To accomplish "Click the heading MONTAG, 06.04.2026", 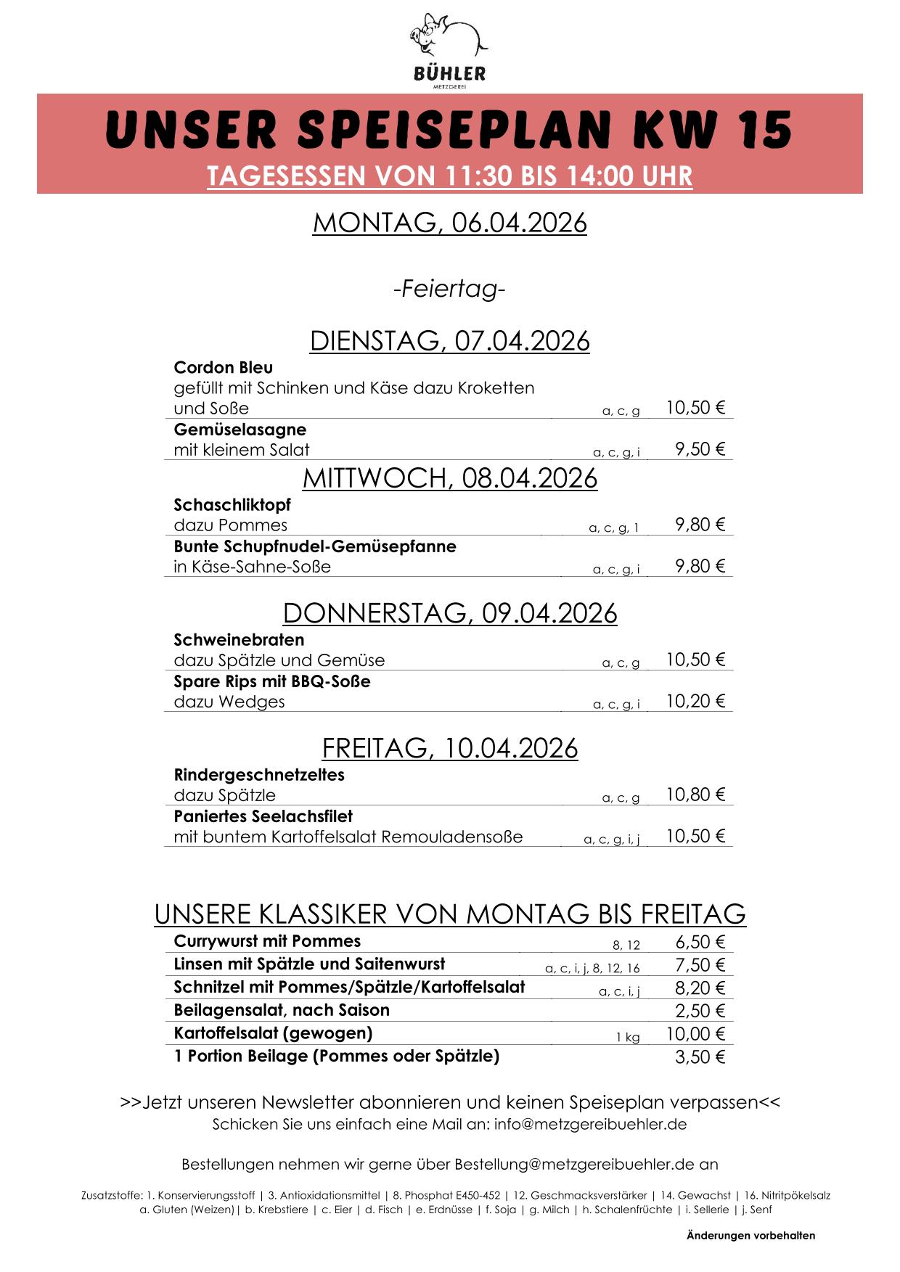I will coord(449,223).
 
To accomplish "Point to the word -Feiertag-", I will coord(449,290).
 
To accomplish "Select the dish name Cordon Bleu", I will coord(223,367).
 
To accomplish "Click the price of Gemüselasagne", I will coord(700,449).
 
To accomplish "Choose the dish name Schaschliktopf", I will coord(232,504).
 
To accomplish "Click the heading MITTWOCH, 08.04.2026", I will coord(449,478).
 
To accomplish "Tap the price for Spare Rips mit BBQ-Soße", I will coord(695,701).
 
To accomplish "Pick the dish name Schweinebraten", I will coord(239,640).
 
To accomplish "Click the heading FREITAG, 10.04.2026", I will coord(449,748).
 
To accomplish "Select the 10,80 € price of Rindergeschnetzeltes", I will coord(695,795).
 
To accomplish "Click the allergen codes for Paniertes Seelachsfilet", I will coord(612,840).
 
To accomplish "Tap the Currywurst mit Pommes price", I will coord(700,942).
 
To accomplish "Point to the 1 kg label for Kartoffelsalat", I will coord(628,1038).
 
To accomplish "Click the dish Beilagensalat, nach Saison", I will coord(282,1010).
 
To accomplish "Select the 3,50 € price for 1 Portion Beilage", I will coord(700,1057).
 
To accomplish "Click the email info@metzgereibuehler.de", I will coord(591,1125).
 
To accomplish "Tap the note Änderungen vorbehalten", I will coord(750,1236).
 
